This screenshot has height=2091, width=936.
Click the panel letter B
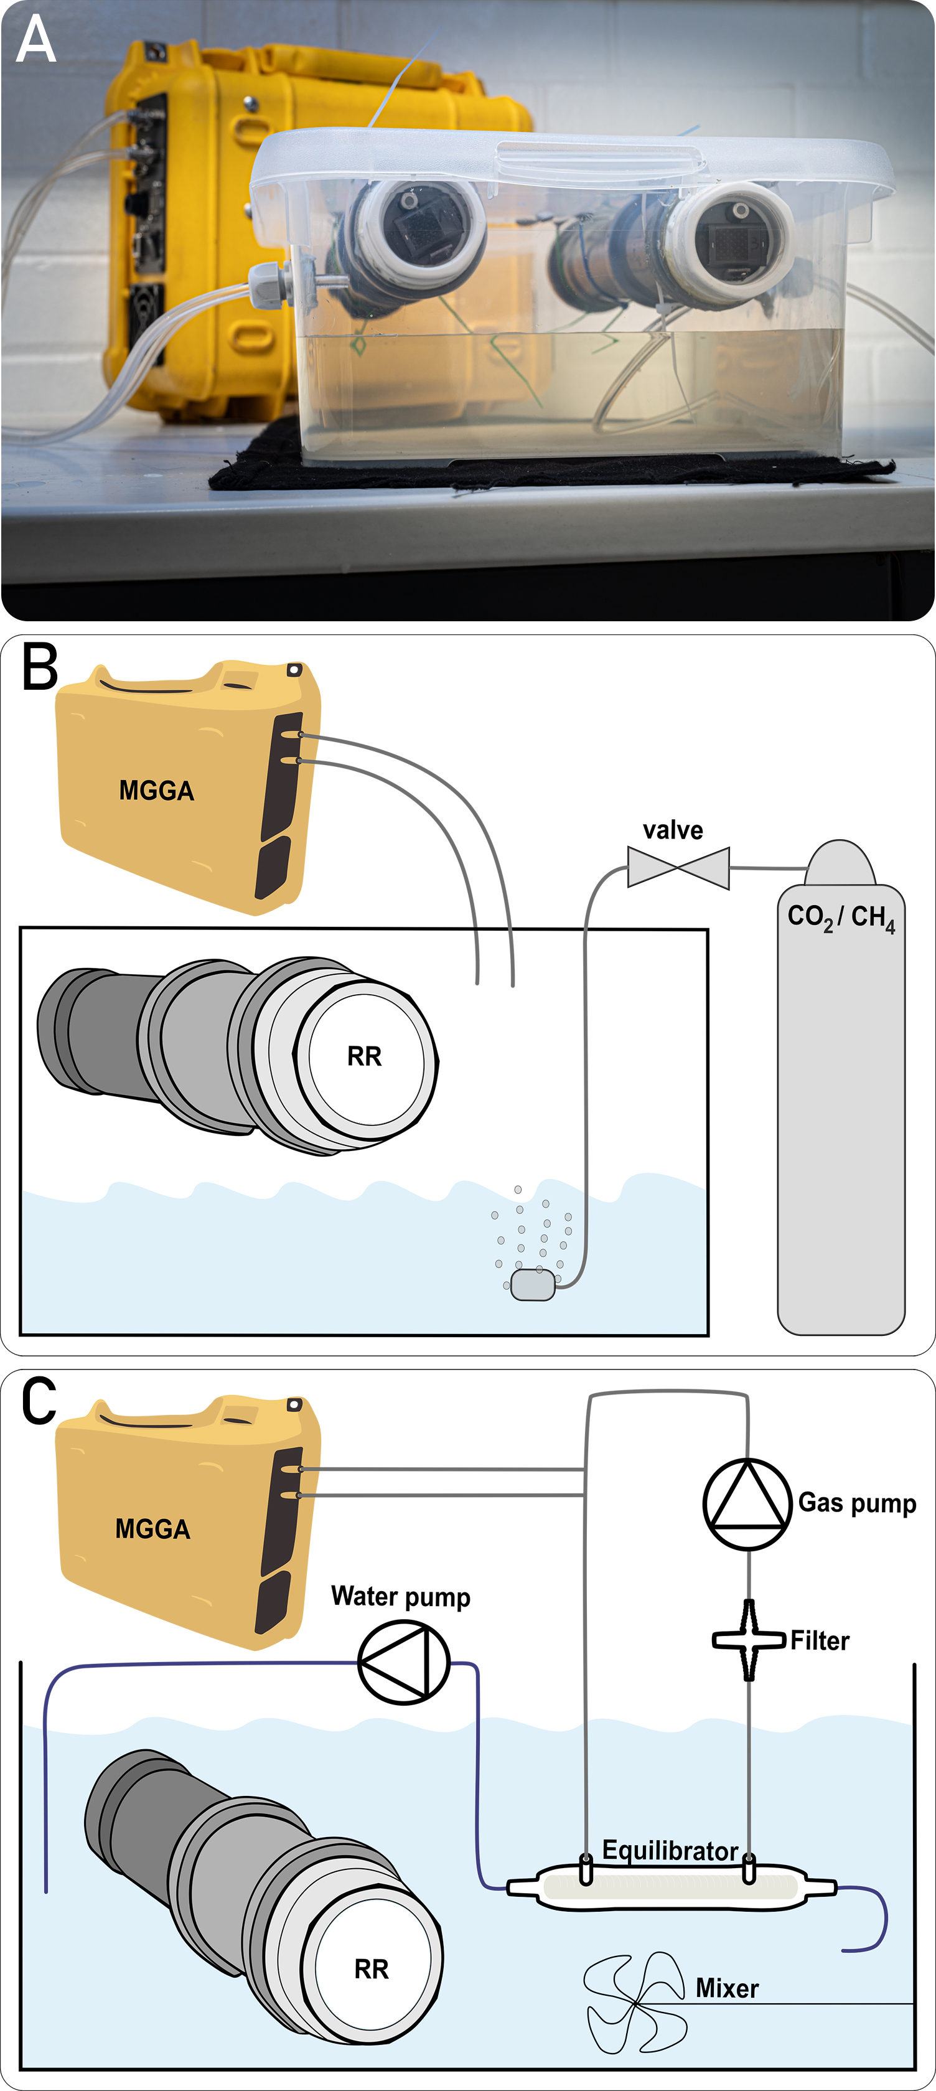point(40,667)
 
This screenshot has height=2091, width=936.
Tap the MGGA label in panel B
point(157,791)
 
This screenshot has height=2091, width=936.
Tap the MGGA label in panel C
point(152,1529)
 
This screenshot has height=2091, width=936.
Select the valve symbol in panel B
point(678,868)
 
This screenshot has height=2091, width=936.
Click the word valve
point(673,830)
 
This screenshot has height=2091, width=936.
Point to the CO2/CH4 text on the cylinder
point(841,918)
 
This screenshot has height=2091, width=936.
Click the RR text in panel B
point(365,1056)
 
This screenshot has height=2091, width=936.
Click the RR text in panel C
point(372,1969)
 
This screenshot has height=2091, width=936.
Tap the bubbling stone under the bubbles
point(533,1284)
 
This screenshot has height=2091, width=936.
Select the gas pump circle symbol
point(747,1504)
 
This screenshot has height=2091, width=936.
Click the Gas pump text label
point(857,1503)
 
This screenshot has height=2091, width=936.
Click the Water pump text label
point(401,1597)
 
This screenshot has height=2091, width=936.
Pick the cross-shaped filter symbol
point(749,1640)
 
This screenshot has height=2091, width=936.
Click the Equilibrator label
point(670,1851)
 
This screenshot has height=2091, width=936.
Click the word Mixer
point(728,1988)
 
